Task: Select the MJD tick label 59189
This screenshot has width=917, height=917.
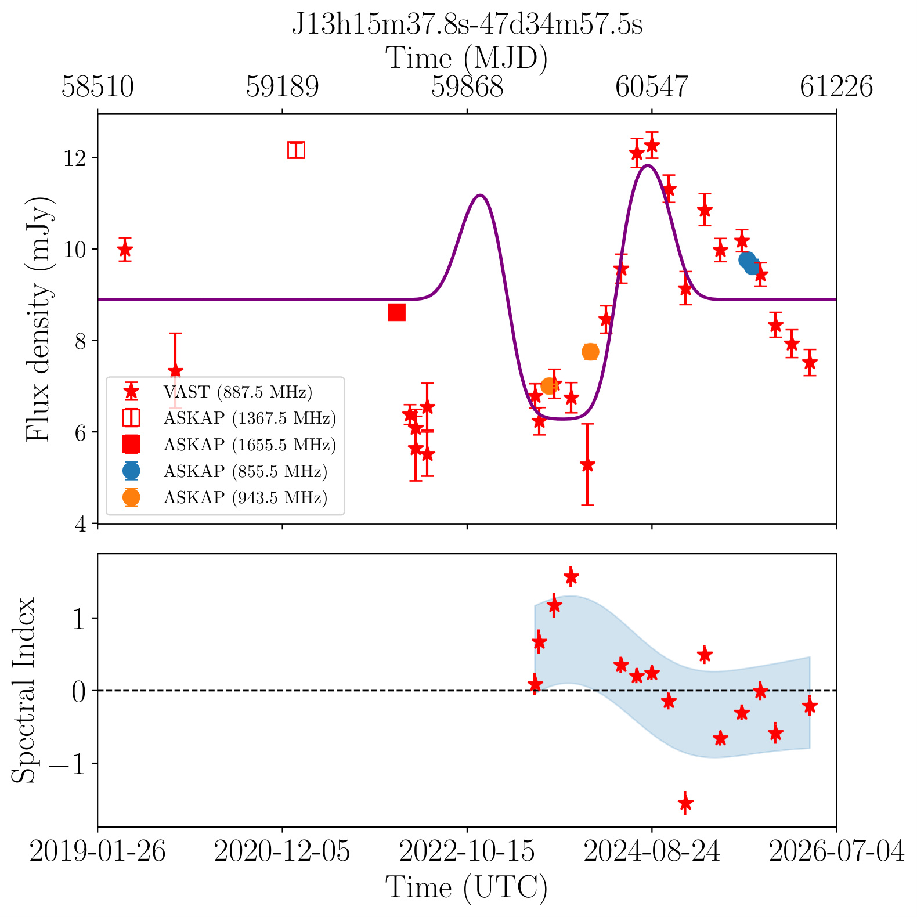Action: pyautogui.click(x=282, y=87)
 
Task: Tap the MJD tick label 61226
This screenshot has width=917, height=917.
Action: pyautogui.click(x=836, y=87)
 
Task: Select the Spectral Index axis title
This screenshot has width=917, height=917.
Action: pyautogui.click(x=24, y=690)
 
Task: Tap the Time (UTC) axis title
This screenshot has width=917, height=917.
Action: pyautogui.click(x=467, y=887)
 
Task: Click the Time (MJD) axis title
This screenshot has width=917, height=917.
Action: pyautogui.click(x=467, y=58)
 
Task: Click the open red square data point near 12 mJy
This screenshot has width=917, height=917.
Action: pyautogui.click(x=296, y=150)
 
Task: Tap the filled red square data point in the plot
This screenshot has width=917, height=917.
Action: pyautogui.click(x=396, y=312)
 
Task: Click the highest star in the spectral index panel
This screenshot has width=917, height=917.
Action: pyautogui.click(x=571, y=576)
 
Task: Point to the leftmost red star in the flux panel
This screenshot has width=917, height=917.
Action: pyautogui.click(x=125, y=250)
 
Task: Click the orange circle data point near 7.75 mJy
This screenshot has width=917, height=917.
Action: pyautogui.click(x=590, y=352)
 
